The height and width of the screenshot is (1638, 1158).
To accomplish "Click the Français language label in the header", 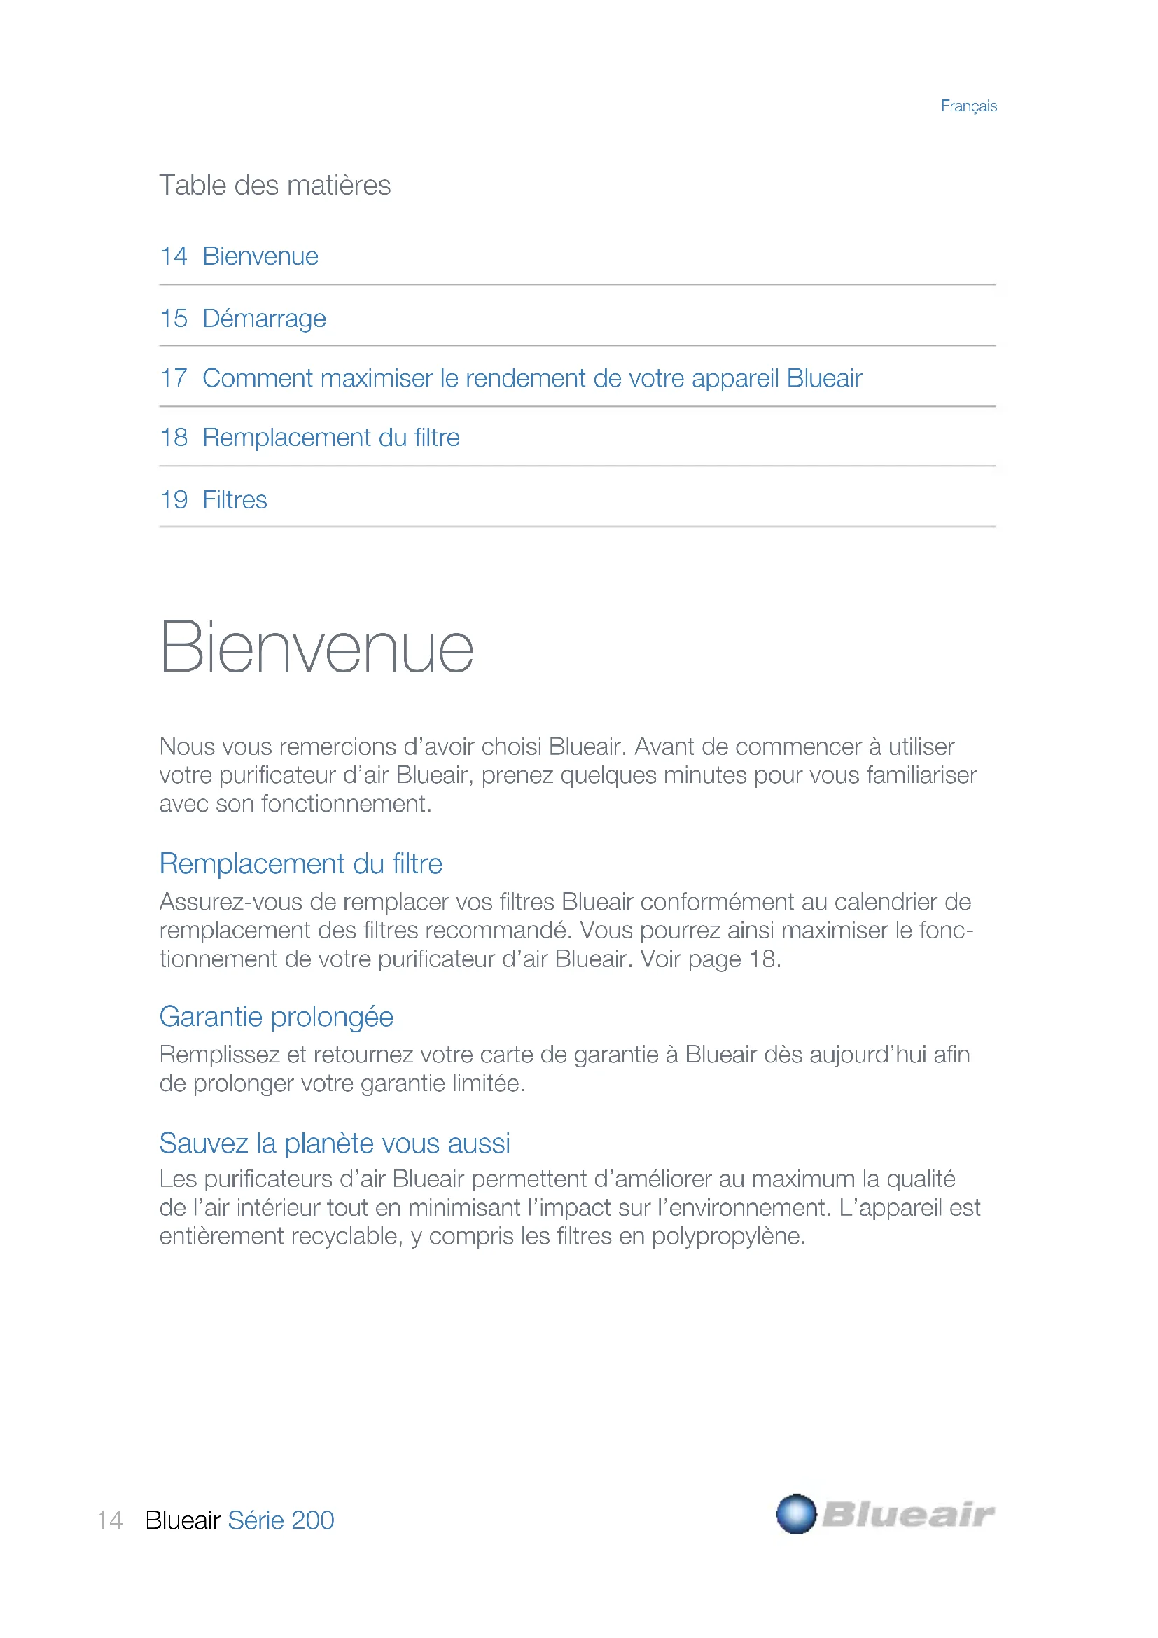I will click(968, 106).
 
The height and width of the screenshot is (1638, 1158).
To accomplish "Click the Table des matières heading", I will click(274, 186).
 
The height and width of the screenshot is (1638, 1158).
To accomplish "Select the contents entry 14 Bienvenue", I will click(239, 256).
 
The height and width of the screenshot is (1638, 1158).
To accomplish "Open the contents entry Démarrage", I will click(264, 318).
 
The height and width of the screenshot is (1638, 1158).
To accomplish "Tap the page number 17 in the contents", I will click(173, 378).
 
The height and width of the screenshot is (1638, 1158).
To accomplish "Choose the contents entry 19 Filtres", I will click(214, 500).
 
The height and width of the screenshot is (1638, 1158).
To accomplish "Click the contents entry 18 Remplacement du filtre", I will click(309, 438).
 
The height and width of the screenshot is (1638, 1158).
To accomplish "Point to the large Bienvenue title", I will click(316, 648).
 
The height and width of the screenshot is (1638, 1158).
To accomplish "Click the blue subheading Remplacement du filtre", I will click(300, 864).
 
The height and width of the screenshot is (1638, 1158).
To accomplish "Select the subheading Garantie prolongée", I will click(276, 1017).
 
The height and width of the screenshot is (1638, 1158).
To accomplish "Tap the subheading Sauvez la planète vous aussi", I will click(335, 1144).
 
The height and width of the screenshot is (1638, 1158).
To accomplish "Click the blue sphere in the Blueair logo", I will click(795, 1514).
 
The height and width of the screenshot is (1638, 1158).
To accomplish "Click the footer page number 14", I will click(109, 1520).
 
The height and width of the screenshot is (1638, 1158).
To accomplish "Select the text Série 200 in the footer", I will click(281, 1520).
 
